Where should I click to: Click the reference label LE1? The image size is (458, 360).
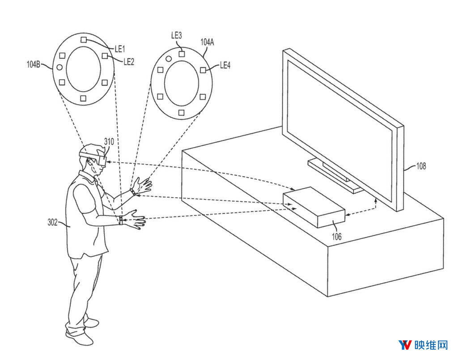point(120,49)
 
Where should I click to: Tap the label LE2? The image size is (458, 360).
point(129,61)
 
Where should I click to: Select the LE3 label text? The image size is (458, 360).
point(176,35)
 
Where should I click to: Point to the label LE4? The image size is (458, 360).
point(225,65)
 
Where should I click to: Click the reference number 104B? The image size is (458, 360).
point(33,64)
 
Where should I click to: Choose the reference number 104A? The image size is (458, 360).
point(207,42)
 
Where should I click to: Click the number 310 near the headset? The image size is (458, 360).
point(109,142)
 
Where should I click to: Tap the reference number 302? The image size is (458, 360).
point(53,222)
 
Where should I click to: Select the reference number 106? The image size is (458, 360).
point(337,236)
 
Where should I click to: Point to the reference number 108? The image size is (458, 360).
point(421,166)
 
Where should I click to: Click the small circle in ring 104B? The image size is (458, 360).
point(59,68)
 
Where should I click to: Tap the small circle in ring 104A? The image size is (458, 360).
point(169,59)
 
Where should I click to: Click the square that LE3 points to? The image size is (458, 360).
point(182,54)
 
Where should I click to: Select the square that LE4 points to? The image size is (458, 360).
point(203,70)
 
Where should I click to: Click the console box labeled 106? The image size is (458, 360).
point(314,207)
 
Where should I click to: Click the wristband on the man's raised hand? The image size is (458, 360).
point(133,191)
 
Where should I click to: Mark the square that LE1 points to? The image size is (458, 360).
point(84,40)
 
